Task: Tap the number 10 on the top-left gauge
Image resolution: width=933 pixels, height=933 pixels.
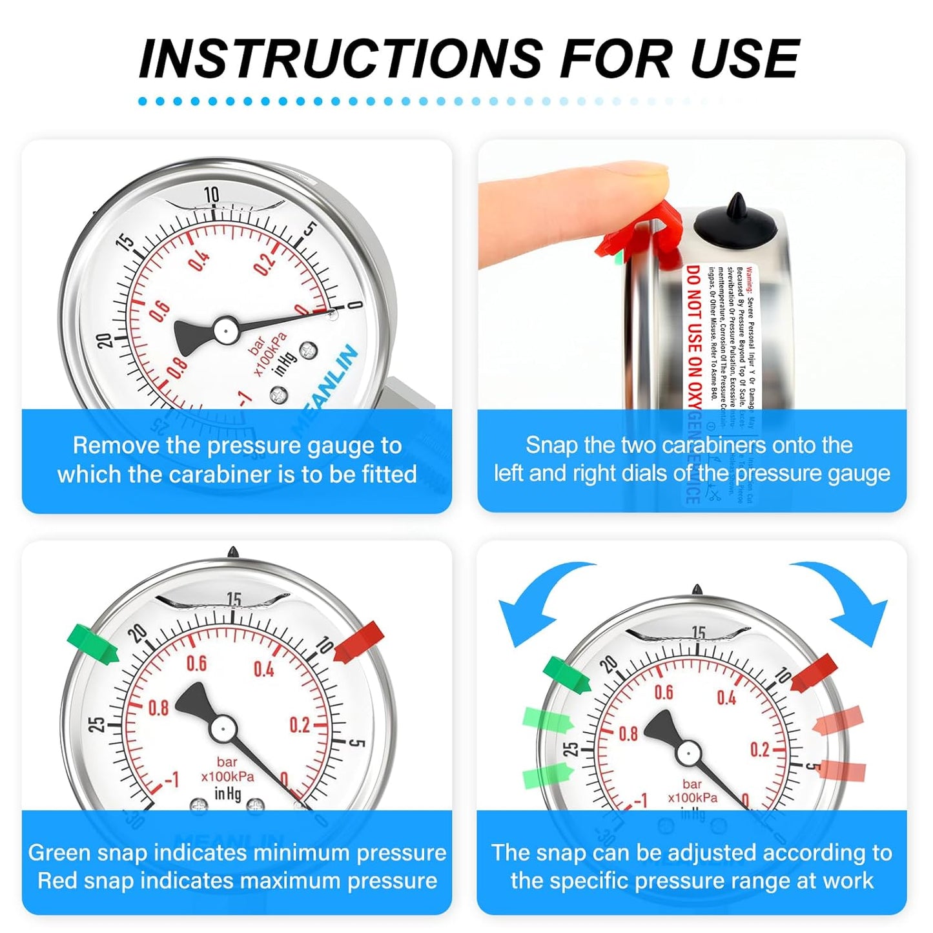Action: [x=212, y=194]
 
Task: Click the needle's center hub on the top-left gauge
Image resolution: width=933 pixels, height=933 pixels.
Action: [x=225, y=330]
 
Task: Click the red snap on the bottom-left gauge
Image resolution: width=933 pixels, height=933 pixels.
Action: [x=359, y=641]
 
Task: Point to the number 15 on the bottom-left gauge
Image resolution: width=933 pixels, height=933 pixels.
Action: [x=234, y=600]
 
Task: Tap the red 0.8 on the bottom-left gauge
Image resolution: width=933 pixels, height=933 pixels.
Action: [x=158, y=708]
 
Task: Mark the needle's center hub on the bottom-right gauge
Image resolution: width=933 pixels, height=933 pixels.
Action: [x=688, y=753]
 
